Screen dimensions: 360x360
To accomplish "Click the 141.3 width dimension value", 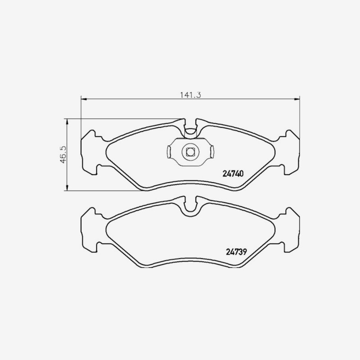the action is tap(190, 95).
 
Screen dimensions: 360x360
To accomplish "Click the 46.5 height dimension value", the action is tap(63, 154).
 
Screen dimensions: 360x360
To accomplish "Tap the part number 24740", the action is tap(233, 174).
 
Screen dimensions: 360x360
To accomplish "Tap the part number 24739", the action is tap(236, 252).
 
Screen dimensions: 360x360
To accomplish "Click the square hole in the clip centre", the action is tap(190, 152).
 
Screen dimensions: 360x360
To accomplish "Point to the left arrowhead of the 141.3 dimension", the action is tap(84, 99).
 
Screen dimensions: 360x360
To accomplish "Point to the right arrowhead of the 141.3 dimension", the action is tap(297, 99).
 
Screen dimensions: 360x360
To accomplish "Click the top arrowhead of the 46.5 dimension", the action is tap(67, 121).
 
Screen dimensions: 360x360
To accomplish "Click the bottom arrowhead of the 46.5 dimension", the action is tap(67, 188).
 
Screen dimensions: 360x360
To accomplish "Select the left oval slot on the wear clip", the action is tap(169, 152).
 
